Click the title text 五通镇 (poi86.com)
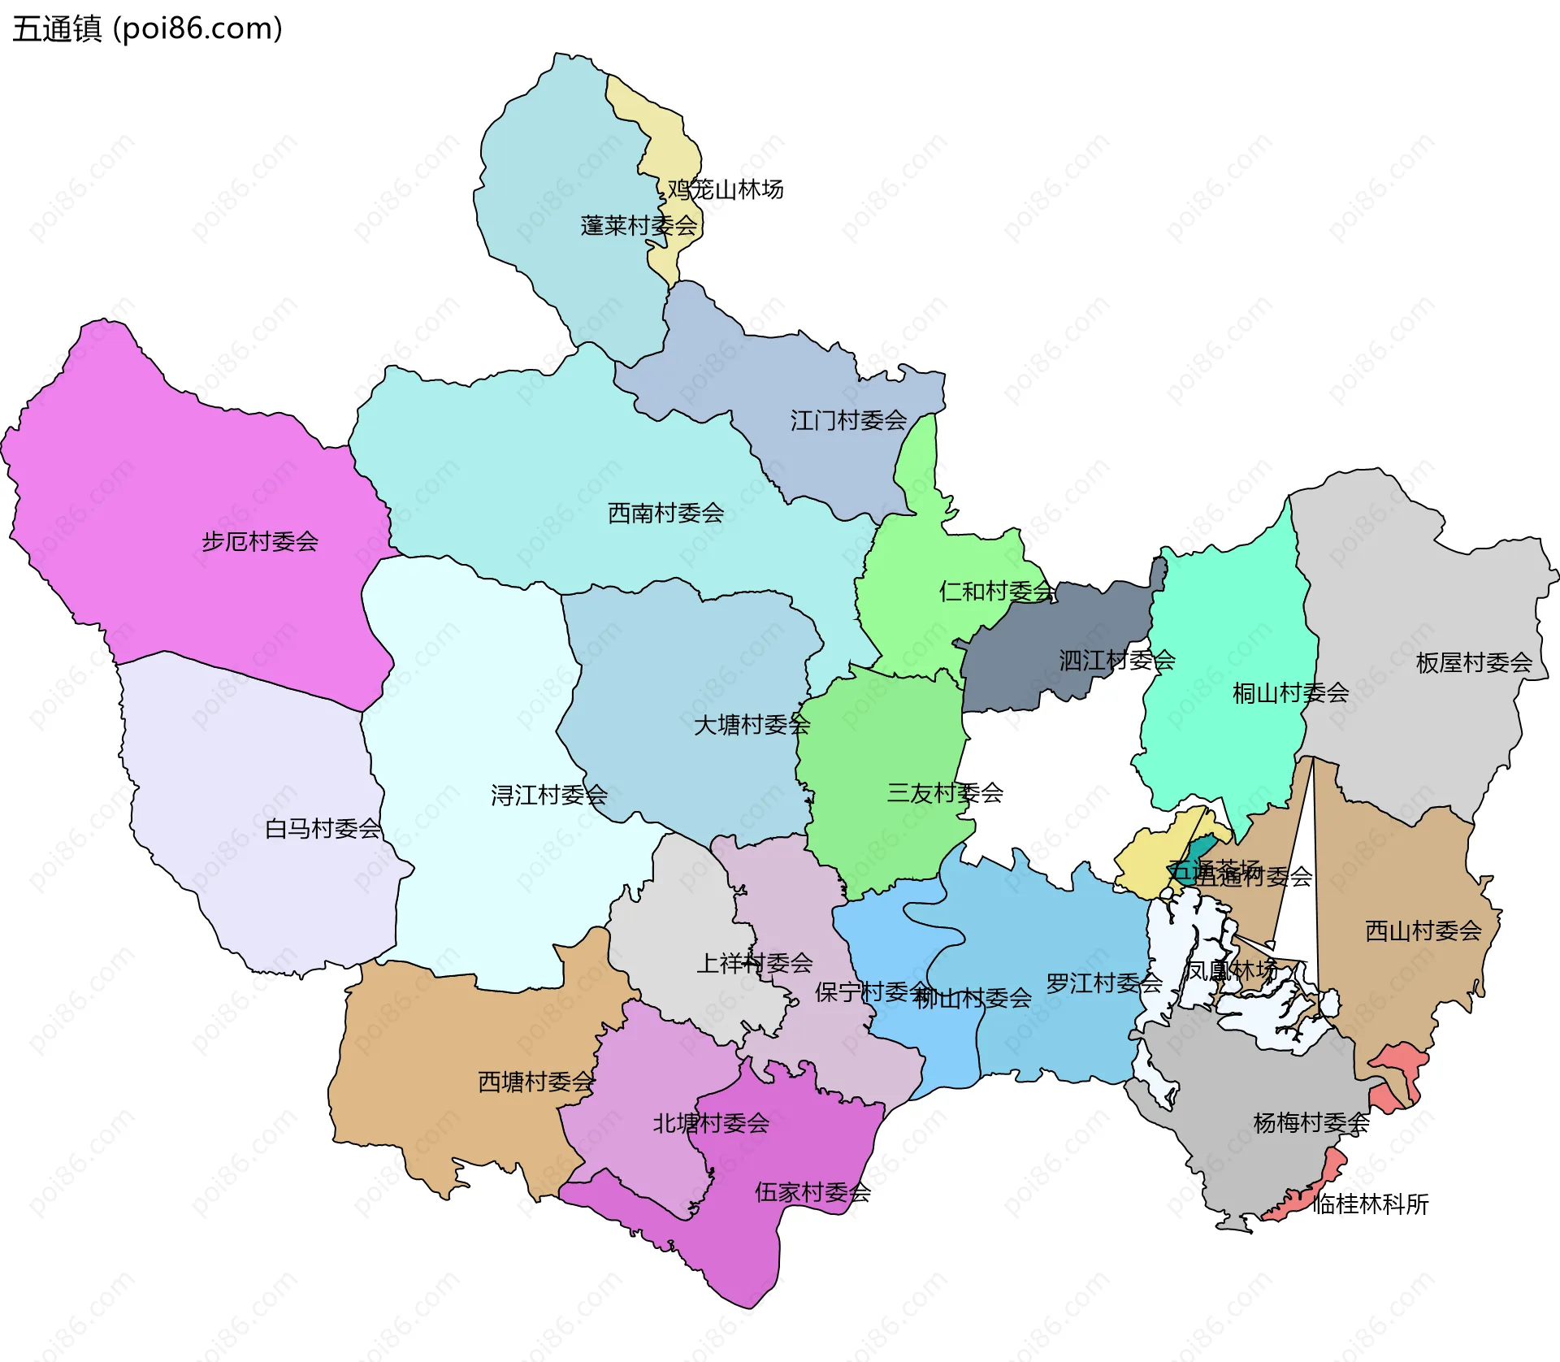click(147, 28)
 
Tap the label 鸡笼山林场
click(726, 189)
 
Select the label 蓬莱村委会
click(639, 225)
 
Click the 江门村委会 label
click(848, 420)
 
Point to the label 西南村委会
click(665, 513)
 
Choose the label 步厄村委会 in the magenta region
click(260, 541)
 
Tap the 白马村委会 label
click(323, 828)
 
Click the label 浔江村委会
click(548, 794)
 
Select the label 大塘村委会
click(752, 724)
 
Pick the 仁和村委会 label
click(997, 591)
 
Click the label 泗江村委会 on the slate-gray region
click(1116, 660)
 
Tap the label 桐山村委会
click(1290, 692)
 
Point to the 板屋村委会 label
click(1474, 662)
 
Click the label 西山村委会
click(1423, 930)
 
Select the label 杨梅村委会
click(1311, 1122)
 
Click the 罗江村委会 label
click(1103, 983)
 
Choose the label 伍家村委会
click(812, 1192)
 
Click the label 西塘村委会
click(536, 1082)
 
